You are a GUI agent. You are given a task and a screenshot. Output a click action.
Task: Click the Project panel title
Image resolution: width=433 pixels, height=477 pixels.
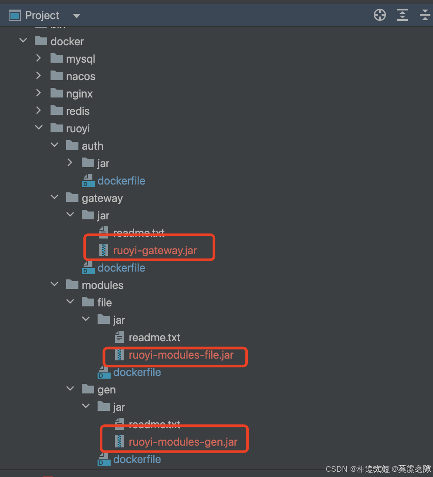[x=42, y=16]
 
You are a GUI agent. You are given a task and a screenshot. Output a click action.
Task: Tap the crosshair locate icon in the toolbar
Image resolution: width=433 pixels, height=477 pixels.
[x=380, y=15]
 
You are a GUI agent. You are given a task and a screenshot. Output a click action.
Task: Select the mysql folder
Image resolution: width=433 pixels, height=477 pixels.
[x=80, y=59]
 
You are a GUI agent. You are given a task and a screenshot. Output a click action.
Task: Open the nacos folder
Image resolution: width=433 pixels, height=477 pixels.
[x=81, y=76]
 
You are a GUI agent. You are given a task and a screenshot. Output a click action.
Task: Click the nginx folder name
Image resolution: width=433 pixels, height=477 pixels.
[x=79, y=94]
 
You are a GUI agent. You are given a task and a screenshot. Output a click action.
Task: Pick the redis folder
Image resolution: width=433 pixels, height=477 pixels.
[x=78, y=111]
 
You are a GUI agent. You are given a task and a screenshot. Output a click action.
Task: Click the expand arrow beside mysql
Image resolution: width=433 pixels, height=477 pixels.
[x=39, y=58]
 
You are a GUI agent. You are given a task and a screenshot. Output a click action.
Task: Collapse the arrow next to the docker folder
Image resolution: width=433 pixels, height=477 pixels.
[x=23, y=41]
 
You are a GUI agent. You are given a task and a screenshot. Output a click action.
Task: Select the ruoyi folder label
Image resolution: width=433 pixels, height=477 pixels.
[x=78, y=128]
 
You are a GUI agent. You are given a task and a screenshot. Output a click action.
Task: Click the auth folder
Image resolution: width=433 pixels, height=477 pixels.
[x=92, y=146]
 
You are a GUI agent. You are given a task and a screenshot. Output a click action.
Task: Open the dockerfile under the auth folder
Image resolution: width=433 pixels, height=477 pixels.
[x=121, y=181]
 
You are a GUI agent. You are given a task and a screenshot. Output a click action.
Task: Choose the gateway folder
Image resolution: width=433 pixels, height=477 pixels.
[x=102, y=198]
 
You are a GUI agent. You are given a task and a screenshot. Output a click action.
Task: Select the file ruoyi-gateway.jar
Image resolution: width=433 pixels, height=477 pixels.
[x=155, y=250]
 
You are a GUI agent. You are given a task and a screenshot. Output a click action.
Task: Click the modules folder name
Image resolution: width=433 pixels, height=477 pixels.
[x=102, y=285]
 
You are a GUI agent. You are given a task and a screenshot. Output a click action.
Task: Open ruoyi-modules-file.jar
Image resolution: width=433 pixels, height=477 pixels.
[x=181, y=355]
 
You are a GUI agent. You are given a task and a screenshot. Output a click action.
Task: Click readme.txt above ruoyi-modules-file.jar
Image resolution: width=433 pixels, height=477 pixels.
[x=154, y=337]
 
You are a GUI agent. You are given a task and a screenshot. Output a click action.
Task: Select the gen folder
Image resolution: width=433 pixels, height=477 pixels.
[x=106, y=390]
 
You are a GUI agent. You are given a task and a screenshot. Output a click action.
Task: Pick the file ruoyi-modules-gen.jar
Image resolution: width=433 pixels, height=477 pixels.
[x=183, y=442]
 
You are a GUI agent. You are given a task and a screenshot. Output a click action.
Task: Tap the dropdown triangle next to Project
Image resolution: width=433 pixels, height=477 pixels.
[x=77, y=16]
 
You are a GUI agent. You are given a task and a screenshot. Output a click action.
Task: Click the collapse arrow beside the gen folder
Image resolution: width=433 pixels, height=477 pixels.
[x=70, y=389]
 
